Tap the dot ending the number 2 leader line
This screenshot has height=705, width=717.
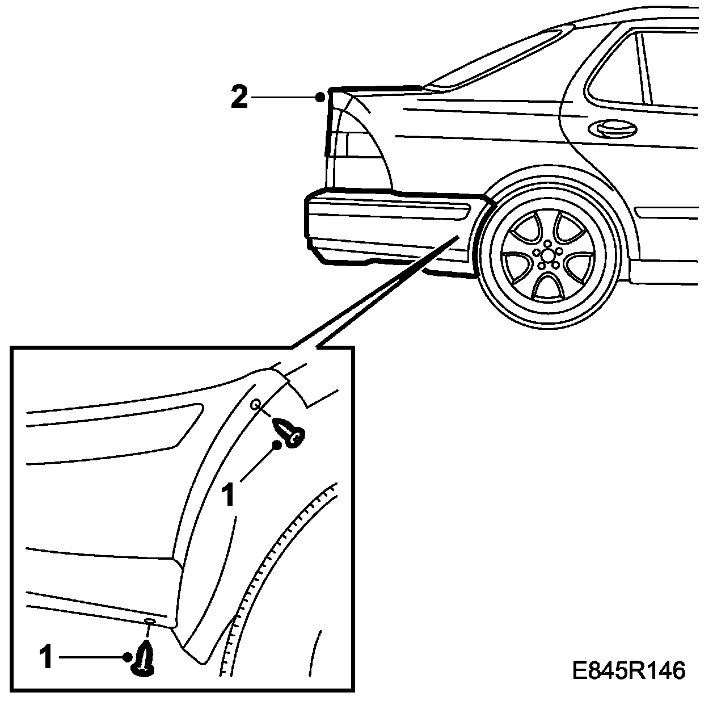[x=320, y=97]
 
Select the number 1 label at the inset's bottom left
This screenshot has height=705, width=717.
[x=47, y=658]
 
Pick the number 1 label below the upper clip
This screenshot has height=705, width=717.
[x=228, y=494]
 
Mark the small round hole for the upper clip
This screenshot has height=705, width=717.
[x=256, y=404]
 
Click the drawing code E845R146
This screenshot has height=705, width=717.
[x=629, y=671]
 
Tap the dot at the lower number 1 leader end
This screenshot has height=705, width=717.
[x=126, y=657]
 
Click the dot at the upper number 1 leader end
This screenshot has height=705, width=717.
[x=277, y=445]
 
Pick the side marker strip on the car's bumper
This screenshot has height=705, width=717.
[x=391, y=208]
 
